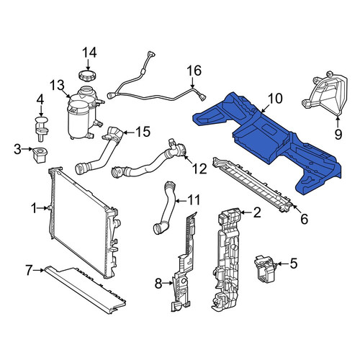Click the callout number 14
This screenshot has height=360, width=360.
pos(89,53)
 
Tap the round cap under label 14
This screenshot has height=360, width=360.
pos(88,75)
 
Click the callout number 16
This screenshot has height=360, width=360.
pos(194,71)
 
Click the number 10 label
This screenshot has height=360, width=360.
pos(275,99)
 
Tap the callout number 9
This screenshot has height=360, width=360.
pos(338,135)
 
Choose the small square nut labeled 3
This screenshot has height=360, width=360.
pos(40,155)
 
